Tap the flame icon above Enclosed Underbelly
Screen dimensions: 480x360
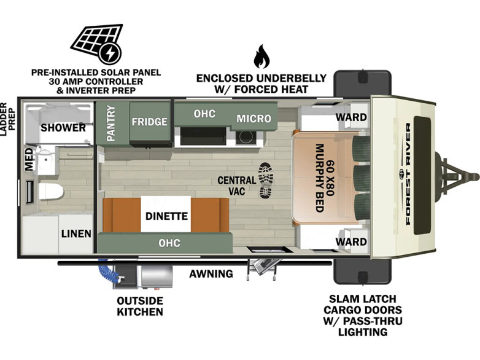point(261,57)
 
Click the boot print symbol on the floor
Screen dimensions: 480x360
point(266,180)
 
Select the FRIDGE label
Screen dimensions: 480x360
point(149,122)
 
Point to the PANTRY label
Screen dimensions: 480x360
point(111,123)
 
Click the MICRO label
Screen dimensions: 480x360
point(254,119)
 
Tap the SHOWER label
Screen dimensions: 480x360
point(63,127)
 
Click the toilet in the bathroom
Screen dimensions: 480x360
point(51,191)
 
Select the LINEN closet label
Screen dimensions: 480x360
point(76,234)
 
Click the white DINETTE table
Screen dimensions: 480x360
point(166,214)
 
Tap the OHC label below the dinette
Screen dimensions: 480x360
point(169,243)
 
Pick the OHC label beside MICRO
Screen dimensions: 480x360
point(204,114)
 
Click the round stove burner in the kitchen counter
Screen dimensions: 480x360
point(246,137)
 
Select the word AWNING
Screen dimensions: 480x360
point(211,273)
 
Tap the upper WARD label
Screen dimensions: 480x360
point(351,117)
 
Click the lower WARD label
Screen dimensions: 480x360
point(351,241)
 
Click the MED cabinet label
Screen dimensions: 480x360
point(29,159)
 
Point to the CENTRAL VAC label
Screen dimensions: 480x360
point(237,186)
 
